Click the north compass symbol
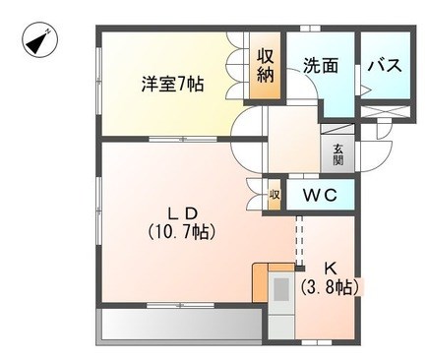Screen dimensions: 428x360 point(39,40)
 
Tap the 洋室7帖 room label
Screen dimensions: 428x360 point(172,84)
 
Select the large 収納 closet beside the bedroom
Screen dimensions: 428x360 point(265,66)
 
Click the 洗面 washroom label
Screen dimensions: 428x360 point(321,65)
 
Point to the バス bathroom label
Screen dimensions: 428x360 point(385,65)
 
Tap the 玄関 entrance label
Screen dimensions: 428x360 point(338,154)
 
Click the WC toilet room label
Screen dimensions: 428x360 point(320,196)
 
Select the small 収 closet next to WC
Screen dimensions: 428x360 point(275,195)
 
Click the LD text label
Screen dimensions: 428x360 point(182,214)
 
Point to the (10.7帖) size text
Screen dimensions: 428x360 point(181,232)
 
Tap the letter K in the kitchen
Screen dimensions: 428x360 point(331,270)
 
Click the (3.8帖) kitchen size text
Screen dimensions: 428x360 point(330,287)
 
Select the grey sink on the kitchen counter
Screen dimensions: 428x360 point(281,289)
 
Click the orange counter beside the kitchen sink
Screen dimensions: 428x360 point(260,282)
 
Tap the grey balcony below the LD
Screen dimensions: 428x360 point(181,325)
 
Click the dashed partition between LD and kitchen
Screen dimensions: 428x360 point(299,241)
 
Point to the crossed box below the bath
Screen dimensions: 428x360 point(385,112)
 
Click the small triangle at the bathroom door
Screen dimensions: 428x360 point(365,90)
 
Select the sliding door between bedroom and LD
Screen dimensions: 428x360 point(183,140)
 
